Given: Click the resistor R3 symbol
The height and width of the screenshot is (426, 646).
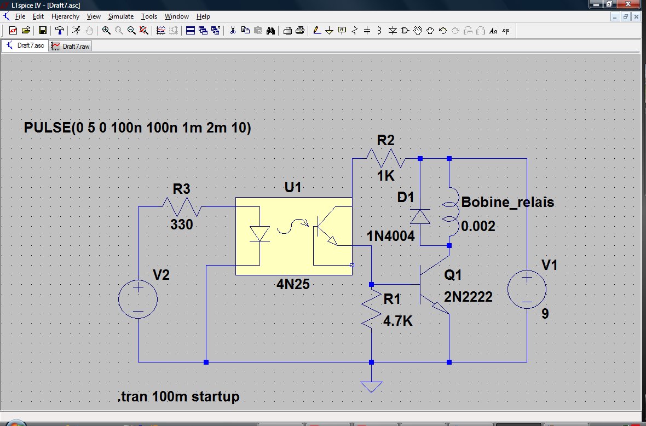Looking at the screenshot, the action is [182, 206].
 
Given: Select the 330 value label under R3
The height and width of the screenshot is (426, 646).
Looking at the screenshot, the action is [182, 224].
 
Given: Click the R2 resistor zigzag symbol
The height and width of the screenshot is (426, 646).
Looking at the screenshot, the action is [386, 159].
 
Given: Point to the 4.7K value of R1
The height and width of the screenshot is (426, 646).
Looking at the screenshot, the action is [397, 321].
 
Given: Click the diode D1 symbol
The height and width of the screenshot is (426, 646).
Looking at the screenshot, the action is [420, 217].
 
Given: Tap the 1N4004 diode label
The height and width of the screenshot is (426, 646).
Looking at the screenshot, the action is [390, 237].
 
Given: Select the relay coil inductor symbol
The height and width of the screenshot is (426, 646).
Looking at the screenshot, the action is [449, 212].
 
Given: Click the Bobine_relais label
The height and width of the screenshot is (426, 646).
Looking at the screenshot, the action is [507, 202].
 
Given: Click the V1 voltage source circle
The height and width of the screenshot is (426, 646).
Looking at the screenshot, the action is [527, 289].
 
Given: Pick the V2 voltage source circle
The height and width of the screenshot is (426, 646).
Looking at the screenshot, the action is [138, 299].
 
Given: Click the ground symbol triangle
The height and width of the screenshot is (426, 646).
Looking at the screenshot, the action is [371, 387].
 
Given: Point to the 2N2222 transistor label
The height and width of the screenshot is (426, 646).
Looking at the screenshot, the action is [468, 297].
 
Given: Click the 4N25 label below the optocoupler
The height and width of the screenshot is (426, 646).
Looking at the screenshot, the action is [293, 284].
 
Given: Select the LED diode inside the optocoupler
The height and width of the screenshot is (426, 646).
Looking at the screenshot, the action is [259, 234].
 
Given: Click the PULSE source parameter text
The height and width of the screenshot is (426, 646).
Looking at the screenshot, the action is [137, 128].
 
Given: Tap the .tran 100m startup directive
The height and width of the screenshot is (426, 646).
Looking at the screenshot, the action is [178, 396].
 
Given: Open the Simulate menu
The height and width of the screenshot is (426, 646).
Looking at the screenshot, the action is [120, 16].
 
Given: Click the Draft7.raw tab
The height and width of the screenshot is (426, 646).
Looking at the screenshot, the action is [71, 46].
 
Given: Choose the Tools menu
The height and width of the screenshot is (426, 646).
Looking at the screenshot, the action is [149, 16].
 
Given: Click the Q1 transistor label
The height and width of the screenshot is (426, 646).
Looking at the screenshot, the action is [453, 275].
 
